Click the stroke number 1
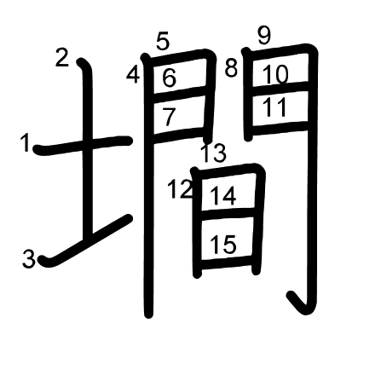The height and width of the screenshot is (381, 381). [26, 142]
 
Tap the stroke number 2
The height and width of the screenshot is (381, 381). [62, 58]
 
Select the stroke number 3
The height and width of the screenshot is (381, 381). [28, 258]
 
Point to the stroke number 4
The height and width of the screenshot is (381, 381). [133, 75]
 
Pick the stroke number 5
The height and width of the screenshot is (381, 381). [163, 42]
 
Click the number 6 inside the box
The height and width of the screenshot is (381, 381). [170, 78]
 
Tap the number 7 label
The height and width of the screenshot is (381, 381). [169, 117]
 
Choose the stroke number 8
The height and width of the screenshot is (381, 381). [231, 68]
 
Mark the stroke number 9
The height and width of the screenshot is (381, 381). [264, 36]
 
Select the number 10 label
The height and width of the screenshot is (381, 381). [275, 74]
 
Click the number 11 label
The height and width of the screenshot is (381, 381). [274, 107]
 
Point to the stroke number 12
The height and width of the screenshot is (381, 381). [180, 189]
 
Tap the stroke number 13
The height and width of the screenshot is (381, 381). [214, 153]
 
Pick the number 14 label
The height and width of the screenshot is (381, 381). [223, 196]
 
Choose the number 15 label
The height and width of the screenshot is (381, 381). [223, 245]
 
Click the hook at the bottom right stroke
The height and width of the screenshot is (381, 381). [298, 303]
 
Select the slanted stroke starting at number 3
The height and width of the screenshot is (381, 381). [86, 241]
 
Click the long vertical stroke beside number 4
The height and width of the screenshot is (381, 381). [148, 185]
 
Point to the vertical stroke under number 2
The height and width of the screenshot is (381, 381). [87, 147]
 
